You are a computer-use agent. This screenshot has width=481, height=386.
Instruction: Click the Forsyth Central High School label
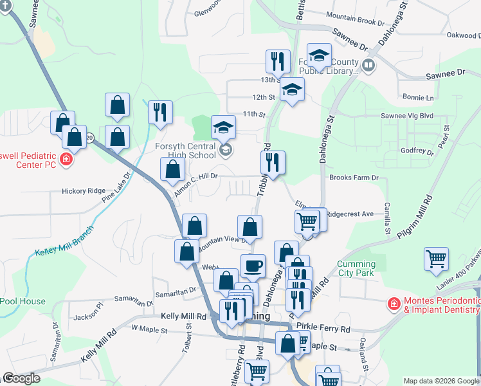[185, 151]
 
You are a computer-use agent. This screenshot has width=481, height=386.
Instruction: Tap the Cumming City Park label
[356, 269]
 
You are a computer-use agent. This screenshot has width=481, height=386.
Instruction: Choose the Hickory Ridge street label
[83, 191]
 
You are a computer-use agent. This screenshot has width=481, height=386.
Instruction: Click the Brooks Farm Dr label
[354, 178]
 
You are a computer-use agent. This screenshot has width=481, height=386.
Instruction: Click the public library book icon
[368, 64]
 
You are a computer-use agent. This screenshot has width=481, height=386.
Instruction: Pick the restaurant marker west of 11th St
[158, 112]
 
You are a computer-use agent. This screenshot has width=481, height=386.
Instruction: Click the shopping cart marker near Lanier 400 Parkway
[436, 259]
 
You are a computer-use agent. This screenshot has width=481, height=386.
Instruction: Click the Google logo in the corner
[21, 378]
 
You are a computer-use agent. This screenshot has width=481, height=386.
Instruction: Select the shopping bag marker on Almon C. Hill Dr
[172, 170]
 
